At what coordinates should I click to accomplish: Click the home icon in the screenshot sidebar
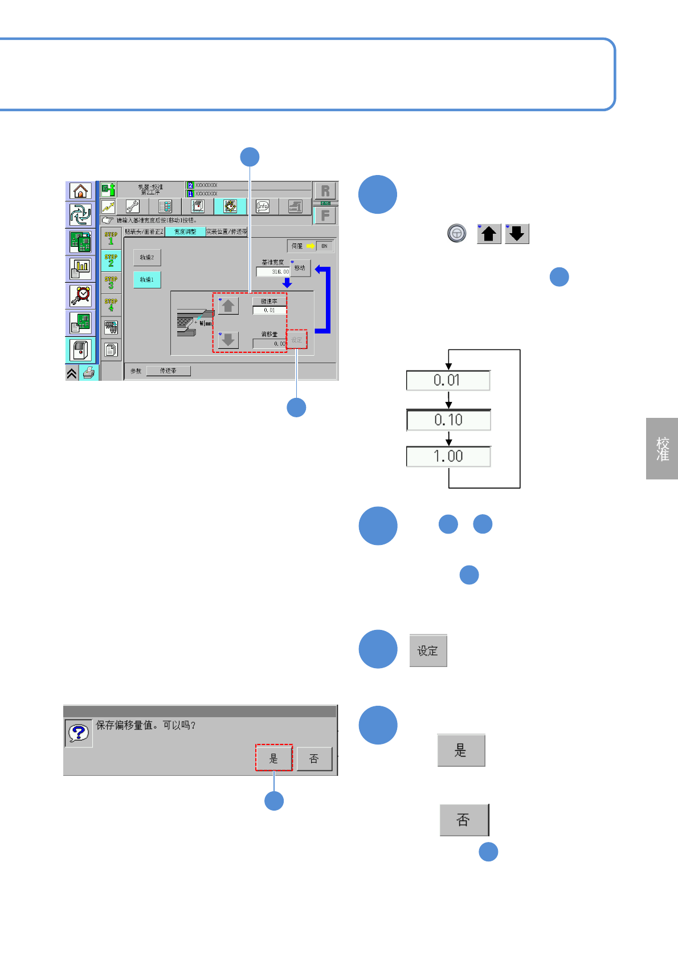coord(80,191)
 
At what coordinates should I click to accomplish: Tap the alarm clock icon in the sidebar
coord(81,296)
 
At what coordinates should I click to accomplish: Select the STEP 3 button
coord(111,282)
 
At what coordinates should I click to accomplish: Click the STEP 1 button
coord(111,238)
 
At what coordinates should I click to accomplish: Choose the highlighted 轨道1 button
coord(147,279)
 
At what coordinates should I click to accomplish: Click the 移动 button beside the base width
coord(300,268)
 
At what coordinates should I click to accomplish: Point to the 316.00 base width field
coord(273,272)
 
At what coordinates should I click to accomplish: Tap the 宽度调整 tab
coord(185,231)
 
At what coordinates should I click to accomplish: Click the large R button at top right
coord(325,191)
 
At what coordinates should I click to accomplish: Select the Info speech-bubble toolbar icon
coord(263,206)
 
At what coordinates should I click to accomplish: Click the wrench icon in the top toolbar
coord(133,206)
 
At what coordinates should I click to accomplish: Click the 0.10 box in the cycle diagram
coord(448,420)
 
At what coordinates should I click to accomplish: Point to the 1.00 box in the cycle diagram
coord(448,457)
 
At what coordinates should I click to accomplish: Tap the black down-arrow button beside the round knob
coord(517,234)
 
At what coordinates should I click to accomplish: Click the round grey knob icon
coord(456,233)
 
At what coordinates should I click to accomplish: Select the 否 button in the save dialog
coord(314,759)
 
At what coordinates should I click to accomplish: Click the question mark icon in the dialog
coord(79,733)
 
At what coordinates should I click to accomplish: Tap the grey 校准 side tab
coord(662,449)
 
